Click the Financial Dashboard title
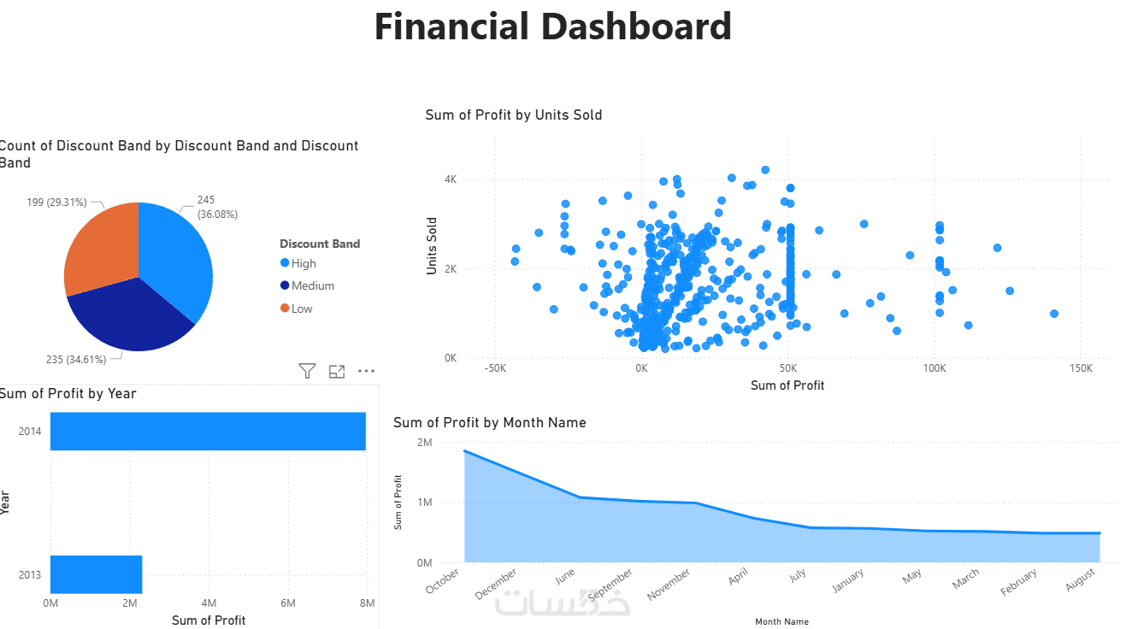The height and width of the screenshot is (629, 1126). pyautogui.click(x=552, y=27)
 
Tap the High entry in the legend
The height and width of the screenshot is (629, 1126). pyautogui.click(x=303, y=263)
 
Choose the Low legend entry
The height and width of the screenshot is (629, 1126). pyautogui.click(x=301, y=309)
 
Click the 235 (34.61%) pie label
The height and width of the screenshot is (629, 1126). pyautogui.click(x=76, y=360)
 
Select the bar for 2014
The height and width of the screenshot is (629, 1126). pyautogui.click(x=208, y=431)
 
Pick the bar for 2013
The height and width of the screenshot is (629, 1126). pyautogui.click(x=96, y=573)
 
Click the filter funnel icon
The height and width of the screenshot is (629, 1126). pyautogui.click(x=307, y=371)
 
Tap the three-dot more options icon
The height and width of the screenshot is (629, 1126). pyautogui.click(x=366, y=371)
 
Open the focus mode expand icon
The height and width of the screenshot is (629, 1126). pyautogui.click(x=337, y=371)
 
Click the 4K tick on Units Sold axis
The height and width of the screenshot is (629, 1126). pyautogui.click(x=450, y=179)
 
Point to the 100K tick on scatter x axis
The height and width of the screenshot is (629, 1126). pyautogui.click(x=934, y=368)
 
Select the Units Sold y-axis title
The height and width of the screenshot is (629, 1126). pyautogui.click(x=433, y=245)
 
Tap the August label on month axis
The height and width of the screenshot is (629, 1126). pyautogui.click(x=1082, y=581)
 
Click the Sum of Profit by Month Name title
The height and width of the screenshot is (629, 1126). pyautogui.click(x=489, y=422)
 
